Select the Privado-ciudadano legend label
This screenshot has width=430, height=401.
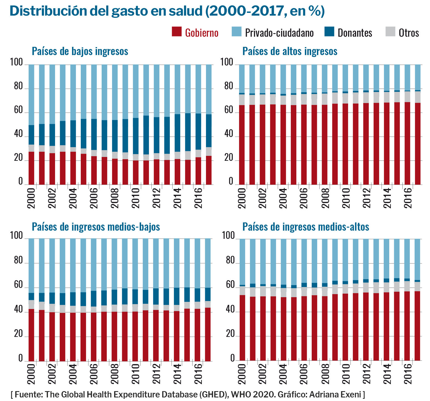pos(279,33)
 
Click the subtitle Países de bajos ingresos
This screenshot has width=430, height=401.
pos(80,51)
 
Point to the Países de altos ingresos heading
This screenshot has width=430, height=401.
pos(290,51)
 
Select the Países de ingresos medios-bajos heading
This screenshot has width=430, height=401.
pos(96,227)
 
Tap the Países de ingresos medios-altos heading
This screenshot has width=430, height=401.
pos(306,227)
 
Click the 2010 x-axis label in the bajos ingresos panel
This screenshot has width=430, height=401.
pos(136,198)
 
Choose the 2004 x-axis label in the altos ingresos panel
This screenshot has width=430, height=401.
pos(283,198)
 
